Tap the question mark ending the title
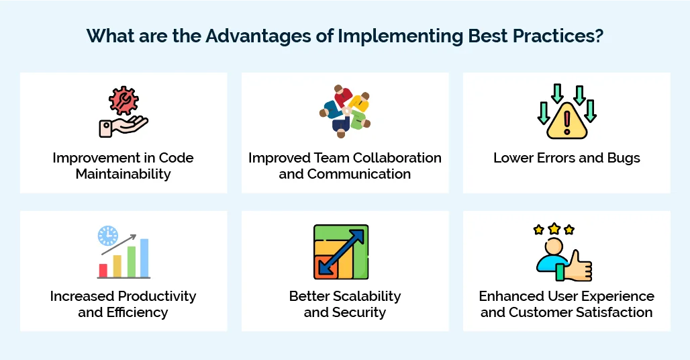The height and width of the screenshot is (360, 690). (597, 36)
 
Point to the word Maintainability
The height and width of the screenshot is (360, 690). (124, 174)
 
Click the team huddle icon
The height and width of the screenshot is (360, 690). (345, 111)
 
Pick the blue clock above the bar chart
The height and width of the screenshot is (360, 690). (107, 235)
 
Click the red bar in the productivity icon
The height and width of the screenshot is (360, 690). (103, 270)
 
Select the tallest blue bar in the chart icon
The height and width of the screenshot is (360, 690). (144, 258)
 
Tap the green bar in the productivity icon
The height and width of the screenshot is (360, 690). (132, 261)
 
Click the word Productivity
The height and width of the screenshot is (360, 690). (157, 296)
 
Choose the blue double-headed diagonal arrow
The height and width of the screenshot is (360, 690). (342, 251)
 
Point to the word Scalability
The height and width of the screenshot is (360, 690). (363, 296)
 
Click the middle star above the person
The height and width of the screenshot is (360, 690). (554, 228)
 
